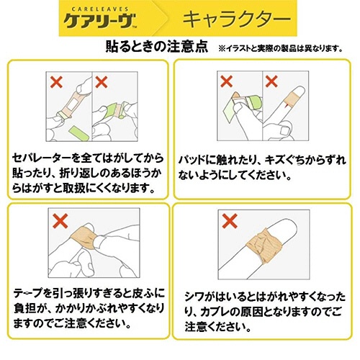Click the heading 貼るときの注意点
(157, 46)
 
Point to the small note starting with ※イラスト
(280, 49)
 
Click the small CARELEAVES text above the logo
(100, 9)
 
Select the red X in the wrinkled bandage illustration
(230, 221)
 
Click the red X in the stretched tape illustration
(60, 221)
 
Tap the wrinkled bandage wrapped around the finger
(264, 246)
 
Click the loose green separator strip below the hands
(79, 134)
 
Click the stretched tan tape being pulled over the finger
(84, 237)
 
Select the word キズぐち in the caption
(284, 160)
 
